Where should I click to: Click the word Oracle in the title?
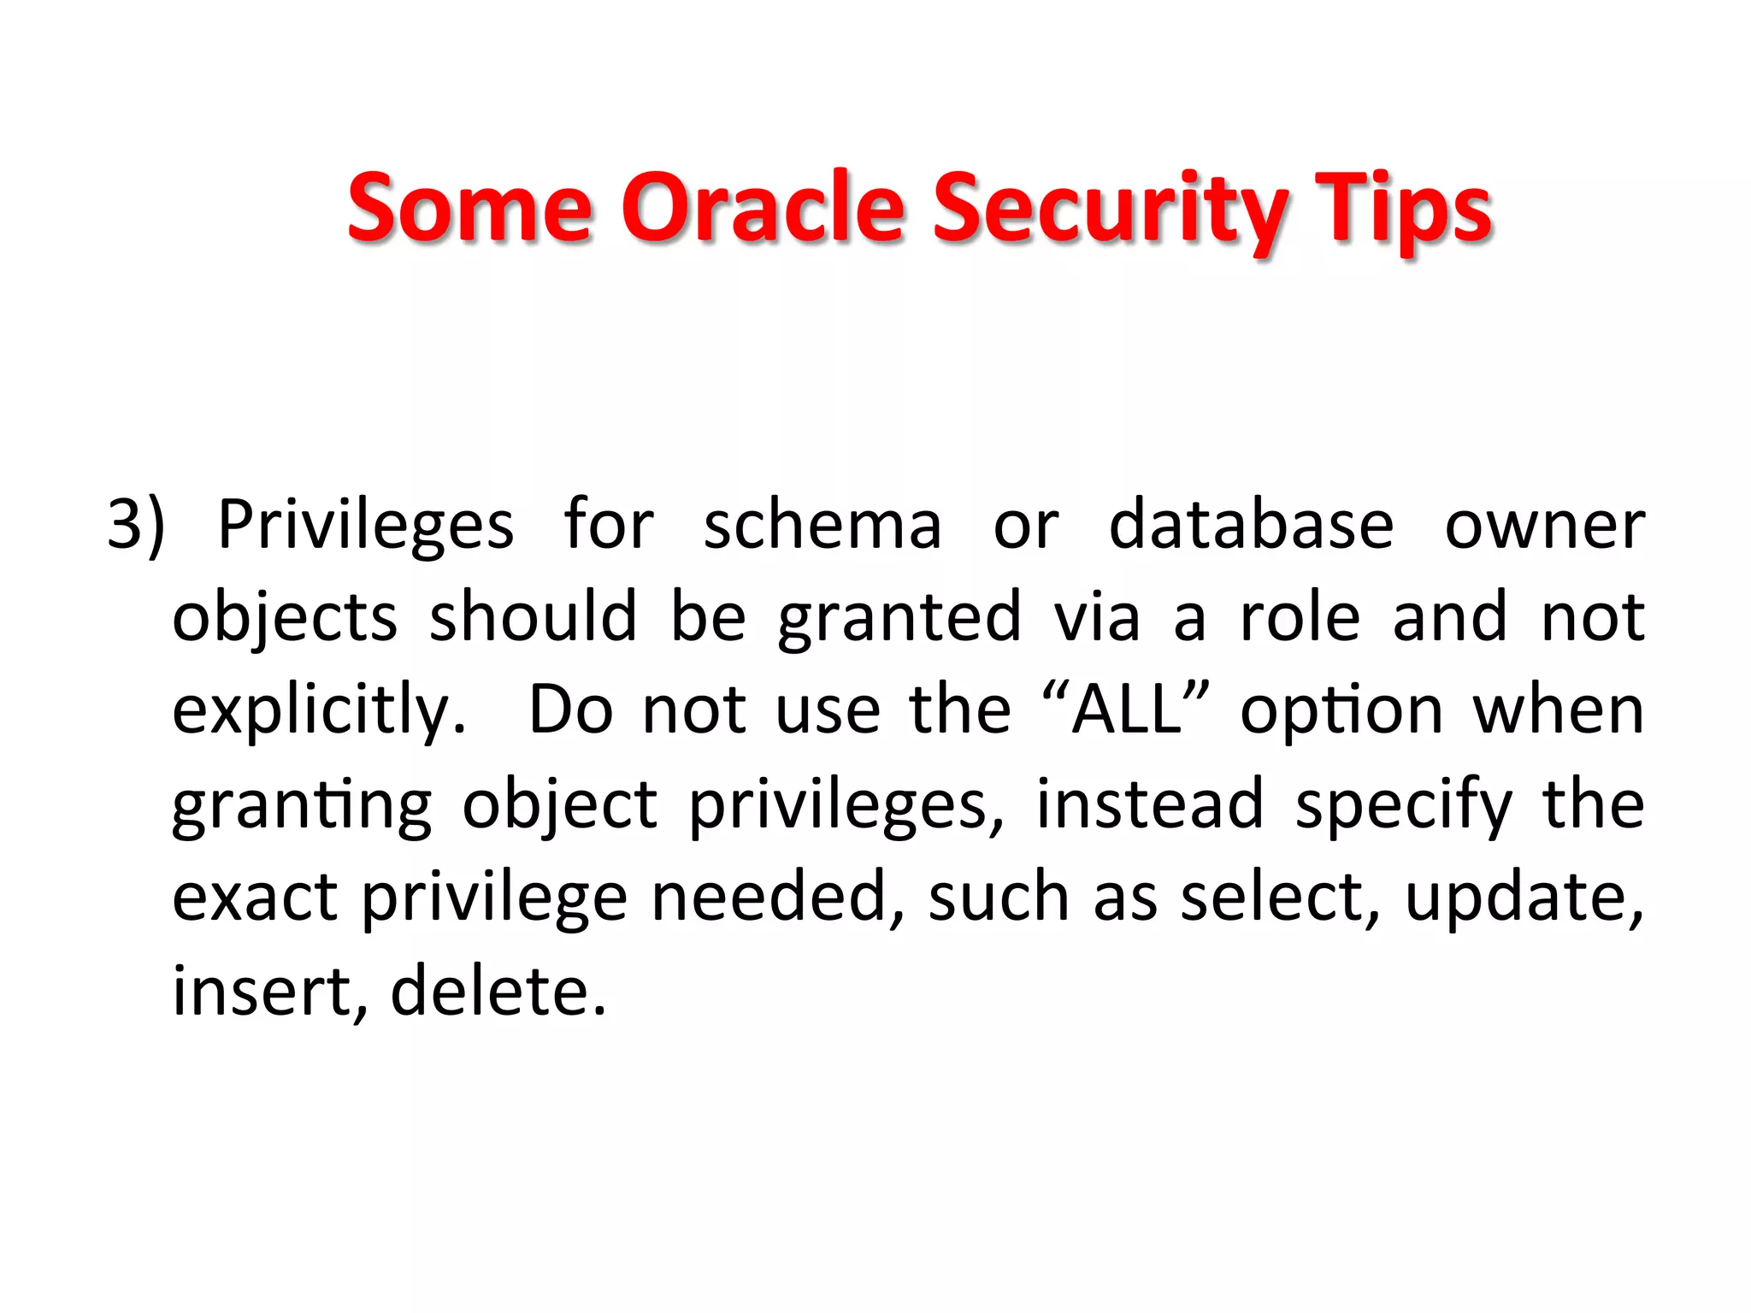click(762, 208)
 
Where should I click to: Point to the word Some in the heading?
click(469, 208)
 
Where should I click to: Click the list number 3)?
click(136, 524)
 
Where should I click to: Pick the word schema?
click(822, 524)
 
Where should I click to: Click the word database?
click(1251, 524)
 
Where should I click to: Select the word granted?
click(899, 618)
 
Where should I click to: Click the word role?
click(1300, 616)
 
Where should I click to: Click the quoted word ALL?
click(1127, 709)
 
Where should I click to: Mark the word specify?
click(1404, 805)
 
